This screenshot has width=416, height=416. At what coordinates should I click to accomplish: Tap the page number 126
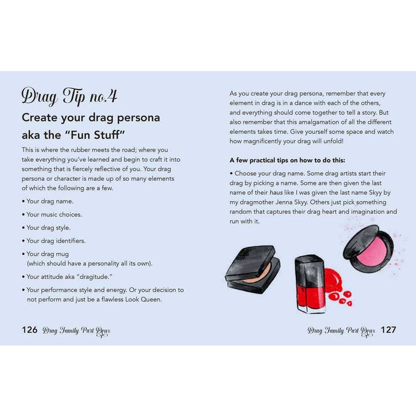tap(29, 330)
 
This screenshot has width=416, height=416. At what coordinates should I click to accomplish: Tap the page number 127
tap(388, 330)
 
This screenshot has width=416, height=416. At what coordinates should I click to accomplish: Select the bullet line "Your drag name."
tap(50, 201)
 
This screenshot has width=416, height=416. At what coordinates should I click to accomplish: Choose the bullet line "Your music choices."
tap(54, 214)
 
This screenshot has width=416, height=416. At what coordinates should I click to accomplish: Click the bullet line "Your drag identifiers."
tap(56, 241)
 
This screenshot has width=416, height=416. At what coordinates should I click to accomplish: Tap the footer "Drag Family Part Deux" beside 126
tap(76, 330)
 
